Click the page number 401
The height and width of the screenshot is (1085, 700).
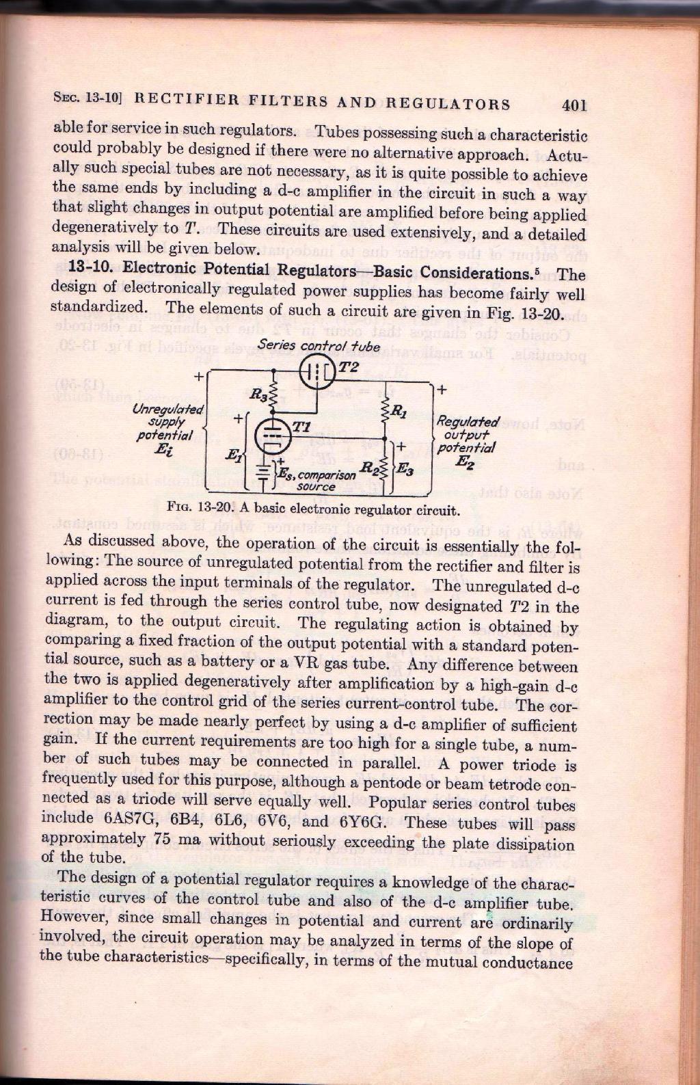(x=574, y=105)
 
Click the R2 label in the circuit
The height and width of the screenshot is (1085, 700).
(x=368, y=468)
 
